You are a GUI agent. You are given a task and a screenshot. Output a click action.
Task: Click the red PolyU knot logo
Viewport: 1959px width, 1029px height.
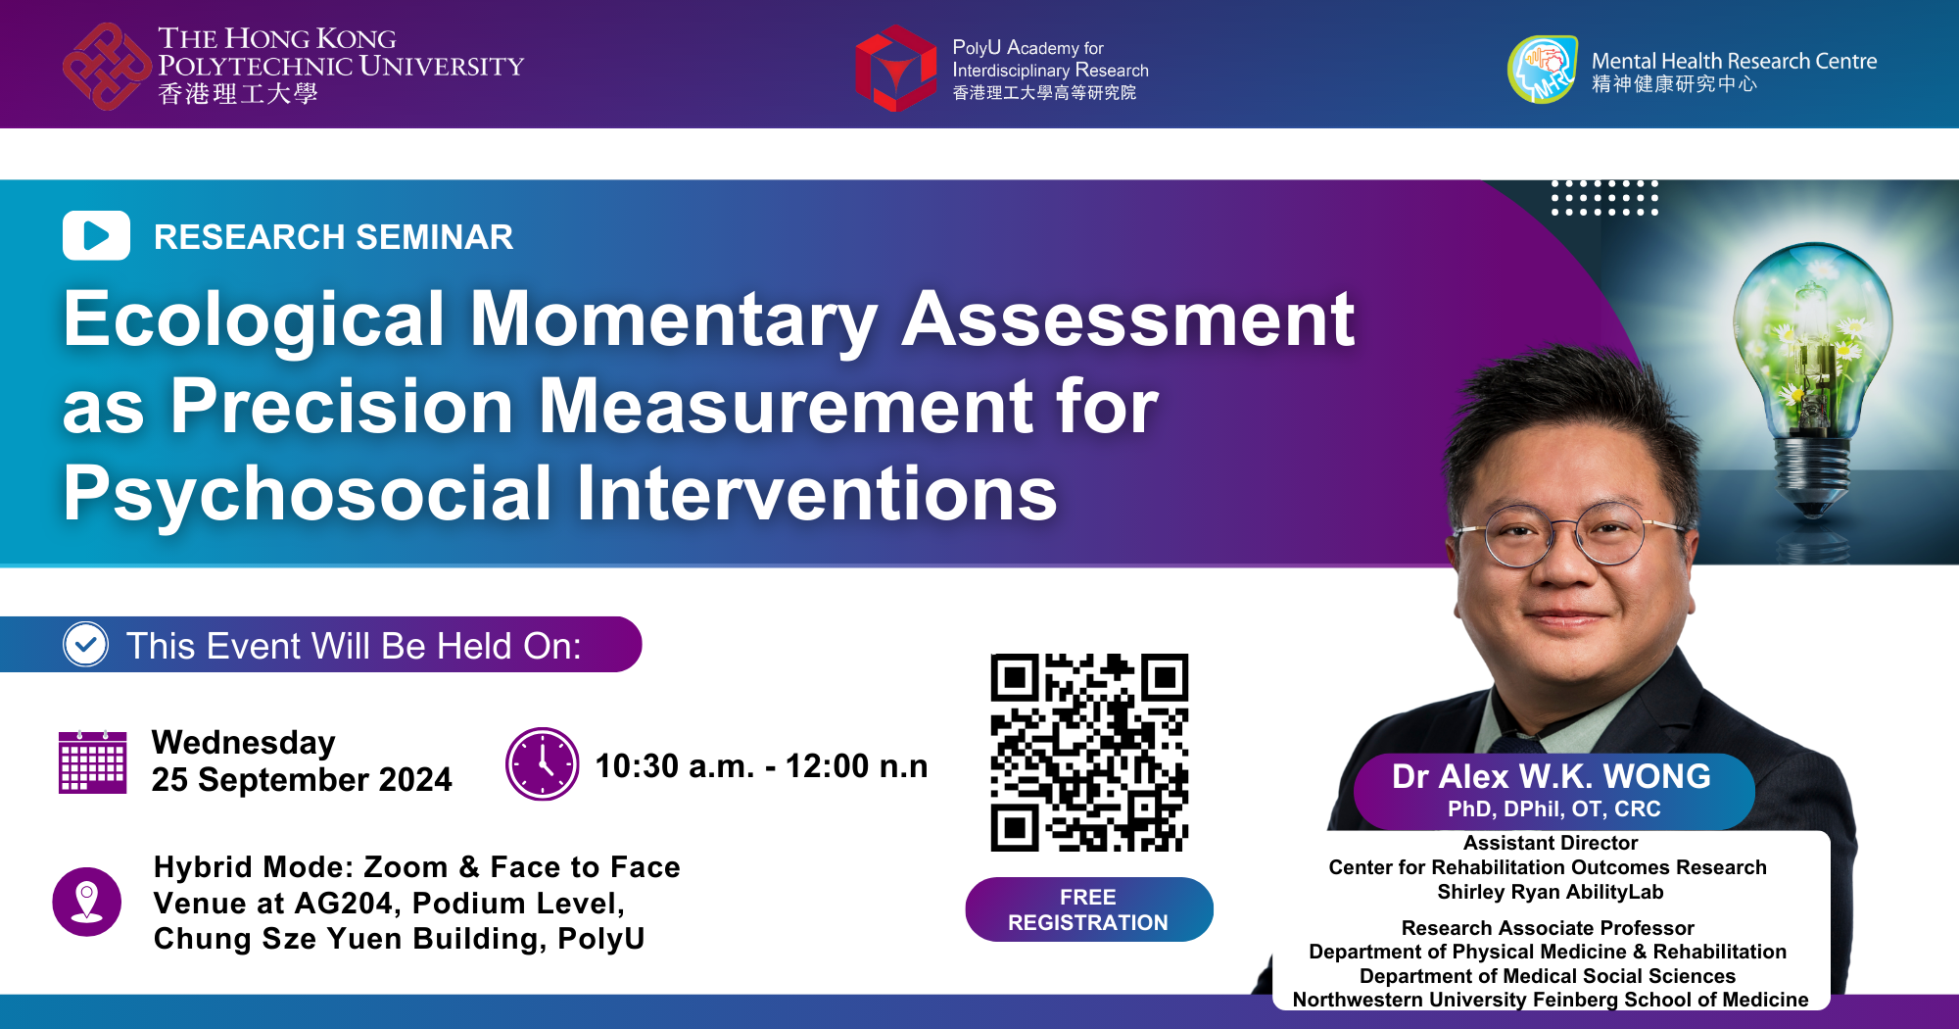pos(107,67)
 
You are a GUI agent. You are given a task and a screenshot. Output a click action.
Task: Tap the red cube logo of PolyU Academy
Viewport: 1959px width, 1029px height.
pos(896,69)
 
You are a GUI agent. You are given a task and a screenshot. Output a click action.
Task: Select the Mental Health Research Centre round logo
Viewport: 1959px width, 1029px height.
pos(1543,69)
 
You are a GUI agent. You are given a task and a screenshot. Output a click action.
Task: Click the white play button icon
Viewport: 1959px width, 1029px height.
pos(96,235)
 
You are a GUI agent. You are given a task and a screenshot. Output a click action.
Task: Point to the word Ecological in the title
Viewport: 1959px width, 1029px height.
pos(255,321)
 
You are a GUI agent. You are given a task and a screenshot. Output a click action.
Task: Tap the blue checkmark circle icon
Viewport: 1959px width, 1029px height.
pos(86,645)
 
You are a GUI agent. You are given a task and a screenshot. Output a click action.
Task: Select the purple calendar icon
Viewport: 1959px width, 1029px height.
pos(93,761)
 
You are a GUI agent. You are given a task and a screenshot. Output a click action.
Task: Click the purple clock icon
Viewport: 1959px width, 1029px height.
pos(542,763)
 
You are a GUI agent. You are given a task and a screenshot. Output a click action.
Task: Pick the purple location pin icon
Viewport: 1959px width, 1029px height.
pos(87,902)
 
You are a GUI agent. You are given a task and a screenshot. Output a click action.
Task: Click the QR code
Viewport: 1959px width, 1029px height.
pos(1089,753)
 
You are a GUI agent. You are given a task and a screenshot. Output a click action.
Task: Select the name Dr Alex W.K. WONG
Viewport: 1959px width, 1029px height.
pos(1552,776)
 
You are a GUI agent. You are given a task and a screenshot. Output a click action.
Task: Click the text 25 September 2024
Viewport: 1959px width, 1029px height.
pos(302,779)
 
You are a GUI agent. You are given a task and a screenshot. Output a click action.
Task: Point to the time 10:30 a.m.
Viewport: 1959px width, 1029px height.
pos(675,765)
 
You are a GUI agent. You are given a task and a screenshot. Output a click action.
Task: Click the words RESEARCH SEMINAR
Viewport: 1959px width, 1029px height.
pos(333,237)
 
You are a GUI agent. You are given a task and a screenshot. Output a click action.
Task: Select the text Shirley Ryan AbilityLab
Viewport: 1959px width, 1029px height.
pos(1551,892)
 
